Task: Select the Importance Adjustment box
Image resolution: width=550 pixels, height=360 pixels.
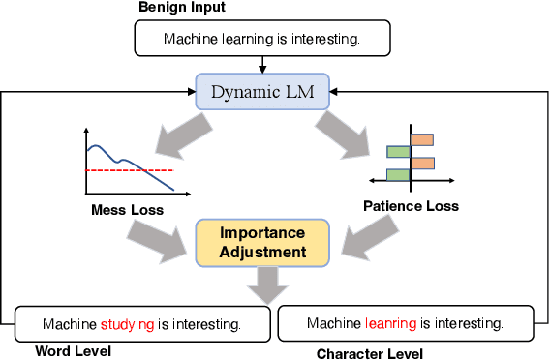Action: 263,242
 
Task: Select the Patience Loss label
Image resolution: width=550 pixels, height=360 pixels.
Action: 411,205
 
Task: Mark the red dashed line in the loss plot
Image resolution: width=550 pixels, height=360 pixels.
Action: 131,169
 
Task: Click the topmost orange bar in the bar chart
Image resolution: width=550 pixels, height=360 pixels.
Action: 422,139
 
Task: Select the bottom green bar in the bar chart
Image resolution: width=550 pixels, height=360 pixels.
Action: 399,174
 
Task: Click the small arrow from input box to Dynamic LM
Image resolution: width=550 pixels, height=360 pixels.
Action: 263,65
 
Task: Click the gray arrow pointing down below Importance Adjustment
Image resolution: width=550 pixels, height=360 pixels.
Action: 263,285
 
